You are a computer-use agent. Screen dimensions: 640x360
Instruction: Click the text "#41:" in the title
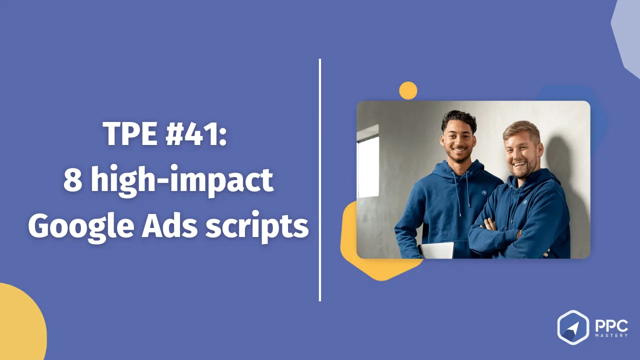coord(196,133)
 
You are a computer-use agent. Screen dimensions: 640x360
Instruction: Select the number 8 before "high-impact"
coord(72,180)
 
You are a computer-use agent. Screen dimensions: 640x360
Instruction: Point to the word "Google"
coord(81,226)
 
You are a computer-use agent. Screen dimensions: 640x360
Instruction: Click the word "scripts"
coord(257,227)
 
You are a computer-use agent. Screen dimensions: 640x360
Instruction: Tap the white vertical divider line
coord(319,180)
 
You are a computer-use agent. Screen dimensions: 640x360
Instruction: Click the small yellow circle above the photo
coord(408,90)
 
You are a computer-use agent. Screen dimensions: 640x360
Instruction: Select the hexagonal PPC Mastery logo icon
coord(573,327)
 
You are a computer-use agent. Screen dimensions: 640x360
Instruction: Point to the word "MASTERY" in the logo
coord(611,335)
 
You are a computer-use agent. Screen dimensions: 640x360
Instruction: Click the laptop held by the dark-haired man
coord(436,250)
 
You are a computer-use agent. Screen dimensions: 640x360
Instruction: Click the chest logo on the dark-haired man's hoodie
coord(483,192)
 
